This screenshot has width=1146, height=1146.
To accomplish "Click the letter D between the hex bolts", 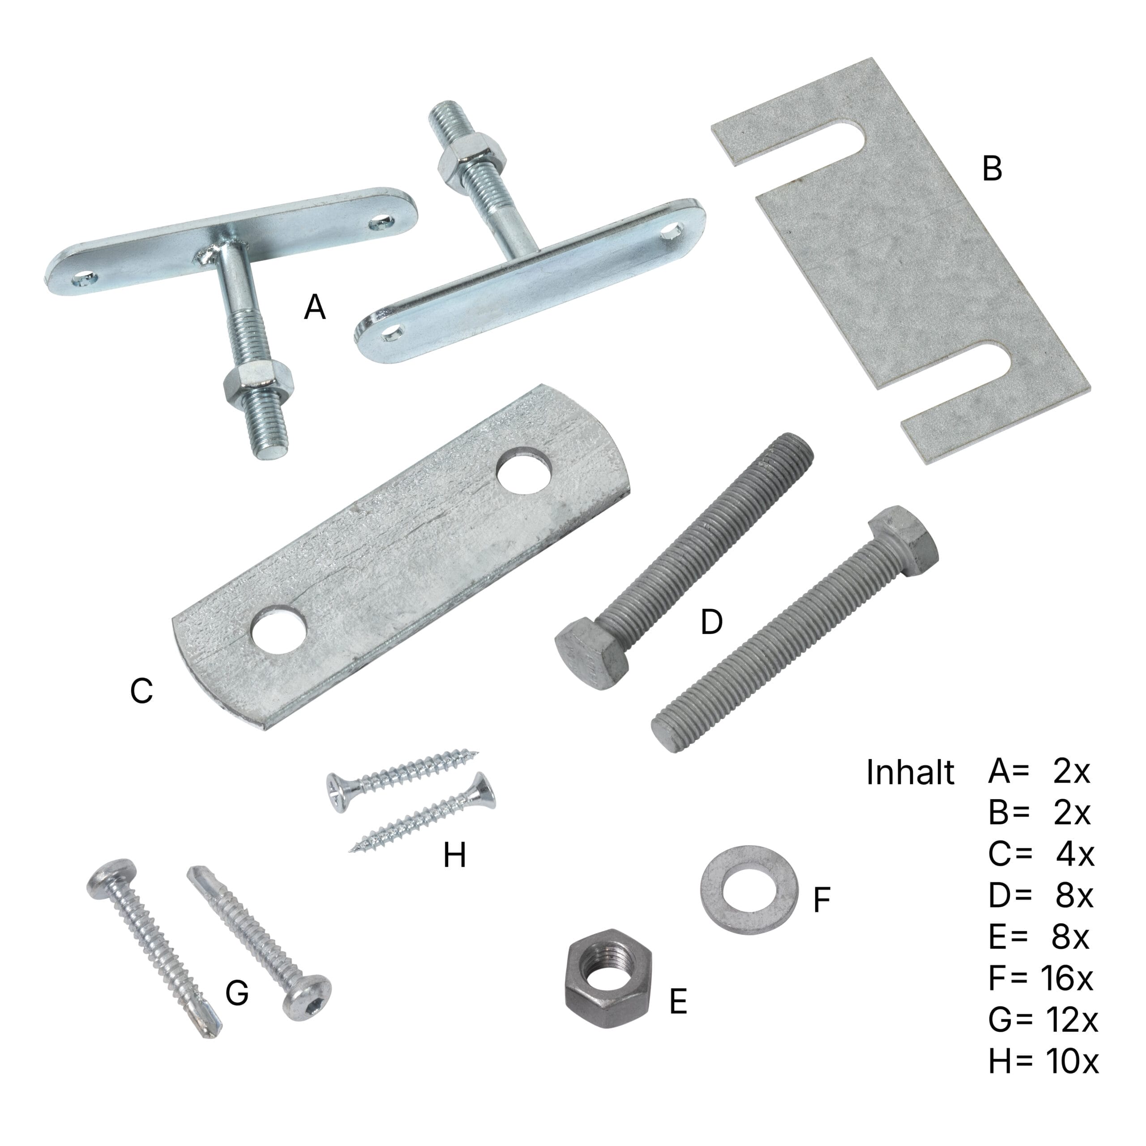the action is [711, 622].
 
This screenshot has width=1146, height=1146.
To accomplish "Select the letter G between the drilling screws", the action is [237, 992].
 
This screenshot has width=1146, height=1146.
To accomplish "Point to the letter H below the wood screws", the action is [454, 856].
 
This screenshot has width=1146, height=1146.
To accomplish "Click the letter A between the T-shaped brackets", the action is [315, 307].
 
